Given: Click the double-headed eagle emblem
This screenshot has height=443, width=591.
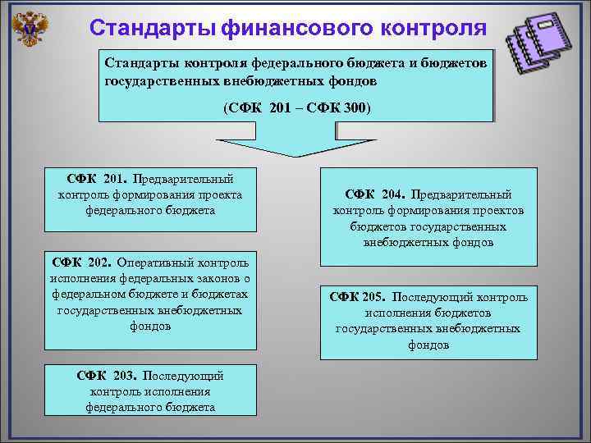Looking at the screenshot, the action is pos(31,30).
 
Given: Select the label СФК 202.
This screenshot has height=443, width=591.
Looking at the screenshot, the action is pos(80,263).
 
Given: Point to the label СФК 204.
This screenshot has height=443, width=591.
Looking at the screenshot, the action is pos(373,194).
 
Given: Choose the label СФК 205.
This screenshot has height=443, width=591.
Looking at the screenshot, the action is pos(356,297).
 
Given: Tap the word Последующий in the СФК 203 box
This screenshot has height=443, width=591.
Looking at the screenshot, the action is pos(183,376).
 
